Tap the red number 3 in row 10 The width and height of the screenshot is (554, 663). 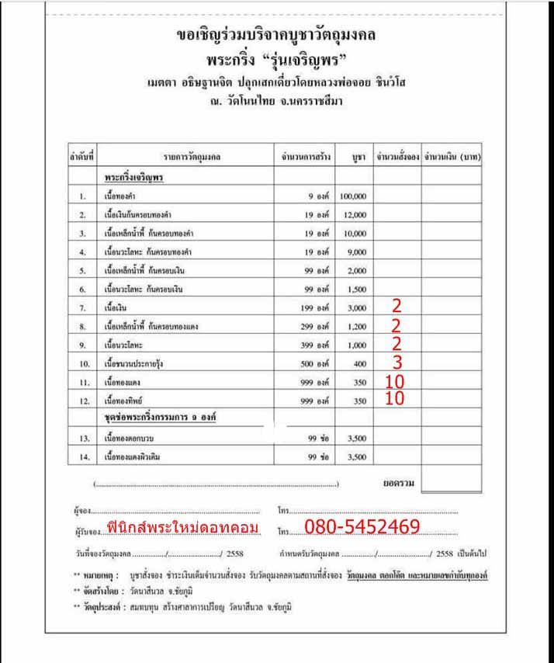396,363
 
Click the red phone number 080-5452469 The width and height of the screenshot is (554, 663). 362,528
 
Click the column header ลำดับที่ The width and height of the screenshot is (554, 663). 81,157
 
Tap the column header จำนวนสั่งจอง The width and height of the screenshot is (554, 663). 396,157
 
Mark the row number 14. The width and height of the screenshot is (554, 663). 82,457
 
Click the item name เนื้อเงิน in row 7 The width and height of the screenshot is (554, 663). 116,308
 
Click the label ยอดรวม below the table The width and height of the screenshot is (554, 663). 399,483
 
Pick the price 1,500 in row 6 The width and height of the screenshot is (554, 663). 356,290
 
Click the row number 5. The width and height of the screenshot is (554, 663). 82,271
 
